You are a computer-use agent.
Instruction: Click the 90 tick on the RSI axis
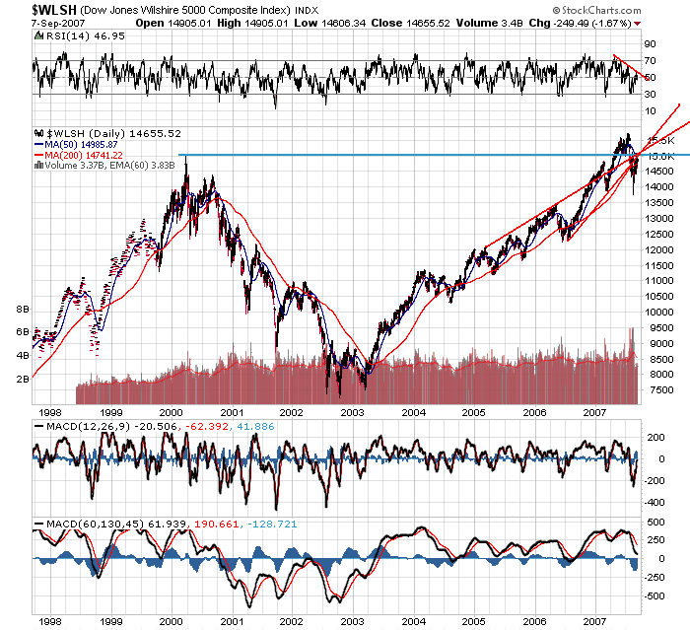[650, 44]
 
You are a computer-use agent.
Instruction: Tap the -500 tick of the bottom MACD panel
[653, 596]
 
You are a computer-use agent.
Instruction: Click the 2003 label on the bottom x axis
[355, 622]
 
